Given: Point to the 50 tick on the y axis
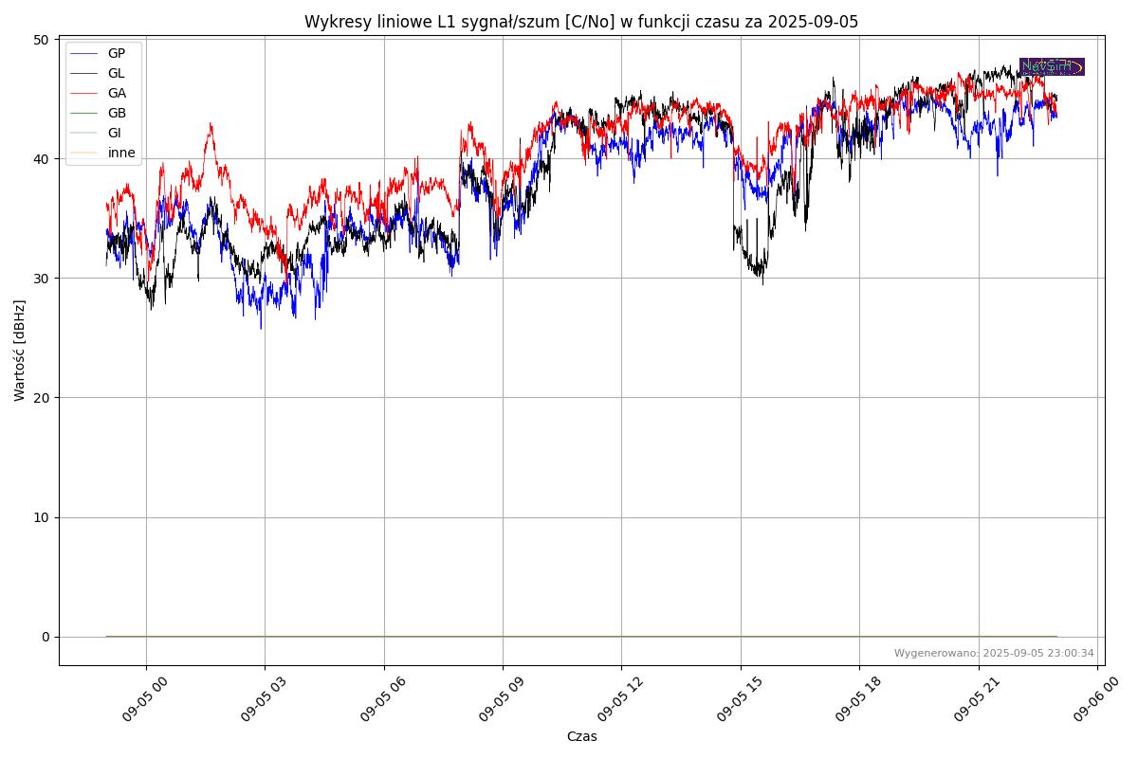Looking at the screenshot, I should tap(42, 39).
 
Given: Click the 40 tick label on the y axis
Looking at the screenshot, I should tap(42, 158).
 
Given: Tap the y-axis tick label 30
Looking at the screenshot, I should tap(42, 278).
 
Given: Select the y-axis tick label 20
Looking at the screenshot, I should tap(42, 398).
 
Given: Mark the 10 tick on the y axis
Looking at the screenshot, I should tap(42, 517).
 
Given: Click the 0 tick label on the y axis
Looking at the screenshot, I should tap(46, 637).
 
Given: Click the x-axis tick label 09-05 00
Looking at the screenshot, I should tap(134, 702).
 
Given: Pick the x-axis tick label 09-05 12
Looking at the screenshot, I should tap(610, 702).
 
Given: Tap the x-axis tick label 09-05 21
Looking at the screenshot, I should tap(966, 702).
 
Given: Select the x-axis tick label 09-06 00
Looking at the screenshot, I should tap(1086, 702).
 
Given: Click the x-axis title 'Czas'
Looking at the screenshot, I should tap(581, 736).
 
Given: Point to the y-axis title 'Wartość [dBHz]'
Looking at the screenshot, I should tap(20, 351).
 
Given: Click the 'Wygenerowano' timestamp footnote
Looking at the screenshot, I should tap(994, 653).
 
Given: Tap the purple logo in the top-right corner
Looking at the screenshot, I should tap(1052, 66).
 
